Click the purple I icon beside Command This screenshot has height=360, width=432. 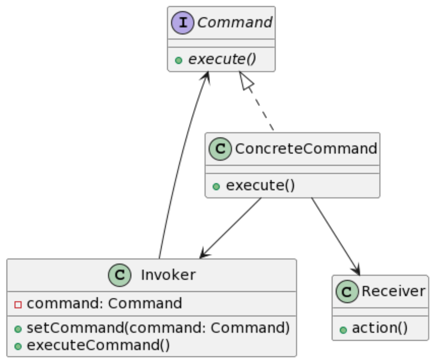[182, 22]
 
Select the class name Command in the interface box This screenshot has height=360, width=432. [235, 22]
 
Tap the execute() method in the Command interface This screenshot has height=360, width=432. [222, 59]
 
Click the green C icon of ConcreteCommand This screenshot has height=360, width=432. [220, 149]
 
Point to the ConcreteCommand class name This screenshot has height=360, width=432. [306, 149]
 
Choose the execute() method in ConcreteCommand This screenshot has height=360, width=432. [260, 185]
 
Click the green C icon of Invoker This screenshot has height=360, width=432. [120, 275]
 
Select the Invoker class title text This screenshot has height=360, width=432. [168, 275]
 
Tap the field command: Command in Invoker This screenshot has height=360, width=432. [104, 304]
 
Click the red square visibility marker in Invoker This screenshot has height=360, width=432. [18, 305]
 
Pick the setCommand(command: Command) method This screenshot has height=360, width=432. [158, 328]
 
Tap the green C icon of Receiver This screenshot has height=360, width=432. [347, 291]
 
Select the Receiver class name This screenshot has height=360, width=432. [394, 291]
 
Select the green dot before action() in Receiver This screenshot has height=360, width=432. [343, 330]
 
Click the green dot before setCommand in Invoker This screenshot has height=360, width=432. [18, 329]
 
